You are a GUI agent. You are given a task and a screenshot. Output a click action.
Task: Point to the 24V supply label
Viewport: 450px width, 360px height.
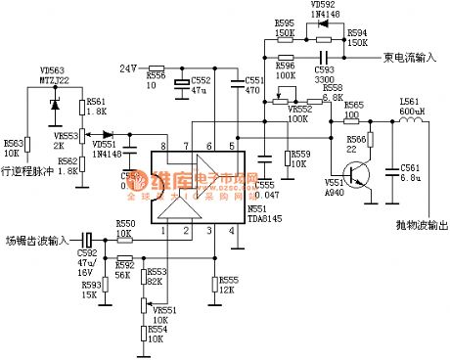127,67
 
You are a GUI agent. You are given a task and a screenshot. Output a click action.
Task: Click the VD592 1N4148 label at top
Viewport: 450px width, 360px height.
325,10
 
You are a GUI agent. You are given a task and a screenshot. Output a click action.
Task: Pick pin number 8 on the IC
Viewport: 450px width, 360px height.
164,146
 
